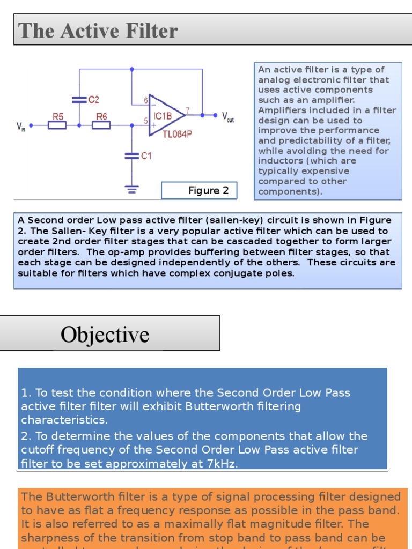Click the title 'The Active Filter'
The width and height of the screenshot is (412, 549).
tap(98, 31)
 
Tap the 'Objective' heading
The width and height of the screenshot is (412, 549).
tap(105, 335)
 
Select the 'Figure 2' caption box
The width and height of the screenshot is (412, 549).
tap(199, 190)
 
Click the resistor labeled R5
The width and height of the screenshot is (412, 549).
tap(57, 125)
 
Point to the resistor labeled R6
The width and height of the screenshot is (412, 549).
tap(101, 125)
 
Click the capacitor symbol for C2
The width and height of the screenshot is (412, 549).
tap(79, 99)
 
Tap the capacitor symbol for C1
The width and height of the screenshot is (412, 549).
tap(131, 155)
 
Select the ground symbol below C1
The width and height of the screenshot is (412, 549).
tap(131, 188)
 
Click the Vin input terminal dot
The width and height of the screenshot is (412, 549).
tap(31, 125)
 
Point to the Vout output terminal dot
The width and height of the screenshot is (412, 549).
tap(216, 115)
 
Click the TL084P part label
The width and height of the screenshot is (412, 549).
tap(177, 135)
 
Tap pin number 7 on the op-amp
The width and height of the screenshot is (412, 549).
tap(187, 110)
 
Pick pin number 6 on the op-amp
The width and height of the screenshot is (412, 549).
tap(145, 101)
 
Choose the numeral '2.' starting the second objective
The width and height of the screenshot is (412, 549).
tap(26, 436)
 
